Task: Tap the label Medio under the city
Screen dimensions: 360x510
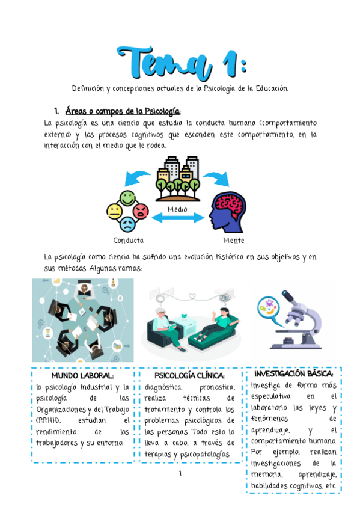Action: point(177,209)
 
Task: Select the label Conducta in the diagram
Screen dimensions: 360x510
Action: point(129,240)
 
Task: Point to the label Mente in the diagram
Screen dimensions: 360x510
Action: point(233,240)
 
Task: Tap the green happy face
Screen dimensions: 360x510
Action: point(127,197)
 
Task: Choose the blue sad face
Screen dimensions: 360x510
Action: point(127,224)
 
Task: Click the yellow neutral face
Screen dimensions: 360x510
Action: point(114,211)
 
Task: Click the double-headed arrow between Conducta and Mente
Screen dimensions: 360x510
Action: point(177,218)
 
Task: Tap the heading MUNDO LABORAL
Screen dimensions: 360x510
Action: point(82,376)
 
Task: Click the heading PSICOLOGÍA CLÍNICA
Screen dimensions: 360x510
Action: point(189,376)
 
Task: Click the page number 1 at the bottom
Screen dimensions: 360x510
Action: point(180,475)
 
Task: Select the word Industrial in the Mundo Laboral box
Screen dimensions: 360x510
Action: point(97,387)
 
